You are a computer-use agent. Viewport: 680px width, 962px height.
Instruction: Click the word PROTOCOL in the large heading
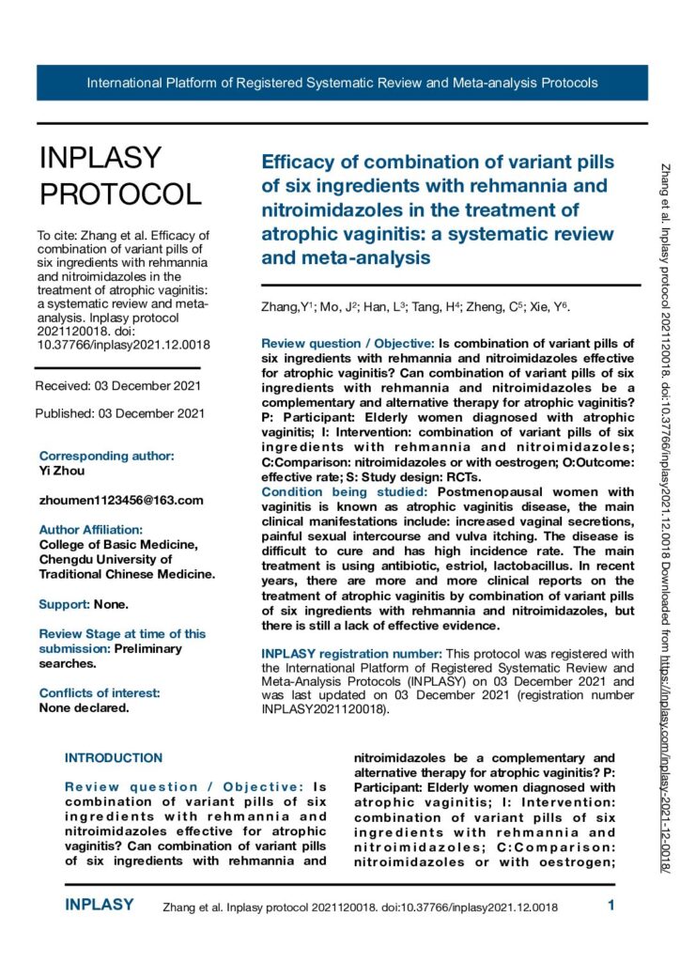[119, 194]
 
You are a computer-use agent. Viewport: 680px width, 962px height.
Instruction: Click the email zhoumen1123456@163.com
[121, 500]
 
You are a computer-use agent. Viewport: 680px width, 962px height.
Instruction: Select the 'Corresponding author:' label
[106, 456]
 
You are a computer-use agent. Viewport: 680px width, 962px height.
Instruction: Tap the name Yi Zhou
[63, 470]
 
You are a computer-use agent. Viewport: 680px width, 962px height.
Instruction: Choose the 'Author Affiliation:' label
[90, 530]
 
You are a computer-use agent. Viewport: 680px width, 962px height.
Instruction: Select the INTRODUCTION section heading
[113, 757]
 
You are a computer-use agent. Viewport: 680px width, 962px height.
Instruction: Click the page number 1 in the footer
[611, 907]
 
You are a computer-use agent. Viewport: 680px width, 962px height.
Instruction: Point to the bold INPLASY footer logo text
[99, 906]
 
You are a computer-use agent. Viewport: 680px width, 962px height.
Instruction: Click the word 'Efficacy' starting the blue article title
[300, 161]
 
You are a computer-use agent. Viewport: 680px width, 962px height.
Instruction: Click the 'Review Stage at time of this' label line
[122, 634]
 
